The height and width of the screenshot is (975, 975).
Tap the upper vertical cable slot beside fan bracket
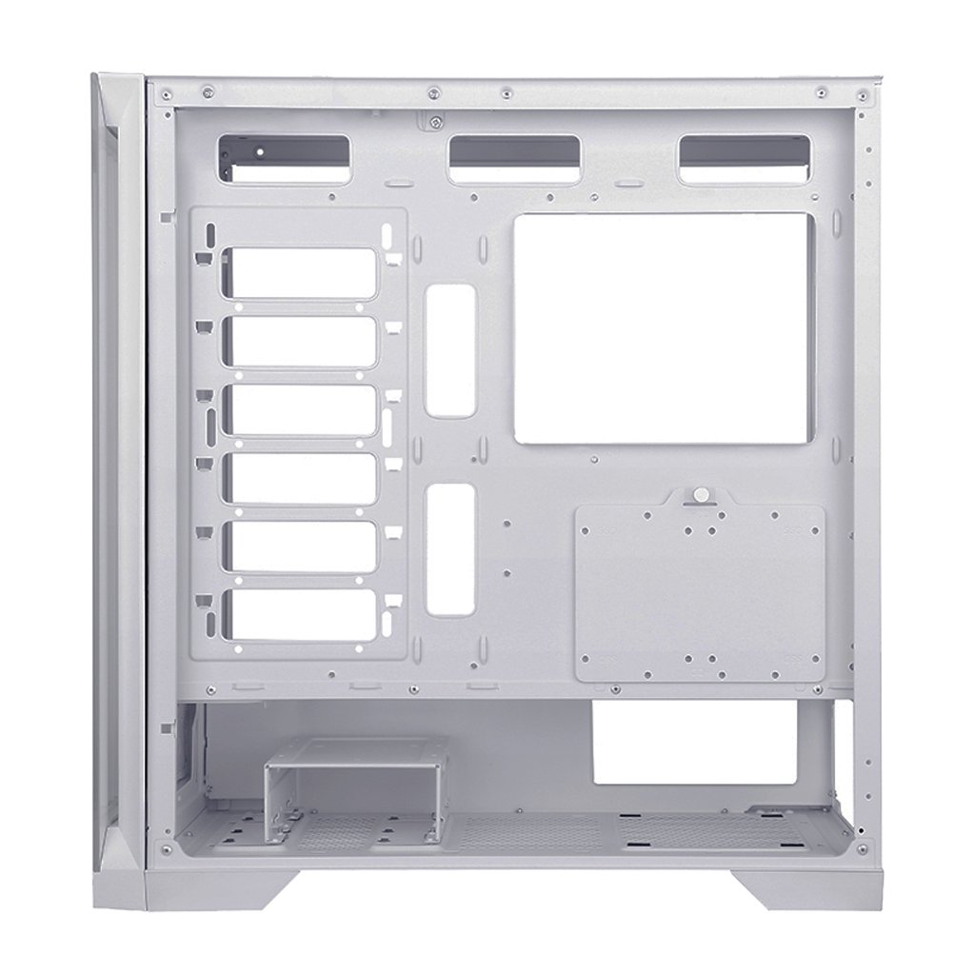(450, 350)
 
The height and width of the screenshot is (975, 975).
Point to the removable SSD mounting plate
(700, 595)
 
